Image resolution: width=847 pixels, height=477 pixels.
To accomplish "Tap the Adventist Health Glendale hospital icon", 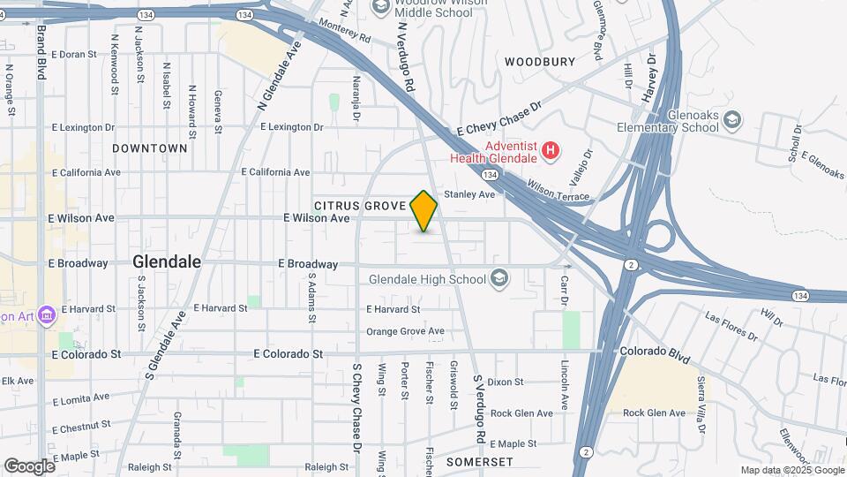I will [551, 151].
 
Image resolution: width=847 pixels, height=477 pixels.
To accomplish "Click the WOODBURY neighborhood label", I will [539, 62].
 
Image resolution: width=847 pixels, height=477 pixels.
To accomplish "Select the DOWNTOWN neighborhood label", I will [150, 148].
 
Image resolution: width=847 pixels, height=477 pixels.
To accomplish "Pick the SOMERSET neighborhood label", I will [479, 462].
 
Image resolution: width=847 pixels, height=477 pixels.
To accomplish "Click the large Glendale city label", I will [167, 262].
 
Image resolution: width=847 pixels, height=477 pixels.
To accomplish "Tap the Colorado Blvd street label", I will [655, 351].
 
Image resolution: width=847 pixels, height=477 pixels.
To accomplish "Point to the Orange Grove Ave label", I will [405, 331].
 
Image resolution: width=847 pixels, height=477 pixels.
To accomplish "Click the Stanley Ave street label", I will [470, 194].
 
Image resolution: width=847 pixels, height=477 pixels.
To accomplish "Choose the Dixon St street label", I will [506, 382].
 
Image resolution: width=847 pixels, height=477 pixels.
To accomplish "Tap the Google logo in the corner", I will [29, 466].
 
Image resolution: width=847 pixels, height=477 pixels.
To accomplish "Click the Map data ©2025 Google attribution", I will [791, 470].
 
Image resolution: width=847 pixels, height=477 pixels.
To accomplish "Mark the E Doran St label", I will [73, 55].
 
